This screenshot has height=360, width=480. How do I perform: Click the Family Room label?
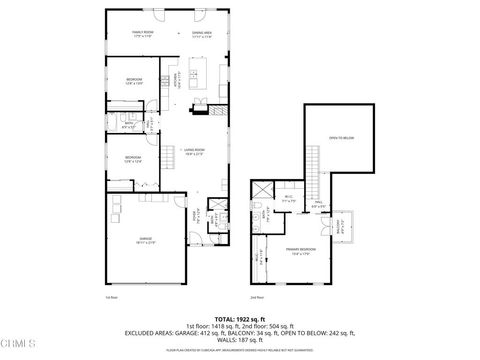[x=142, y=33]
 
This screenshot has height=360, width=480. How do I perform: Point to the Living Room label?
[x=192, y=152]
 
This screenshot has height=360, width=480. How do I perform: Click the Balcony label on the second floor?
[x=345, y=225]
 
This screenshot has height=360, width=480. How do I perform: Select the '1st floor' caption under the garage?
[x=112, y=296]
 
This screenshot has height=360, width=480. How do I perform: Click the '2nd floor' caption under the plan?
[x=257, y=296]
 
